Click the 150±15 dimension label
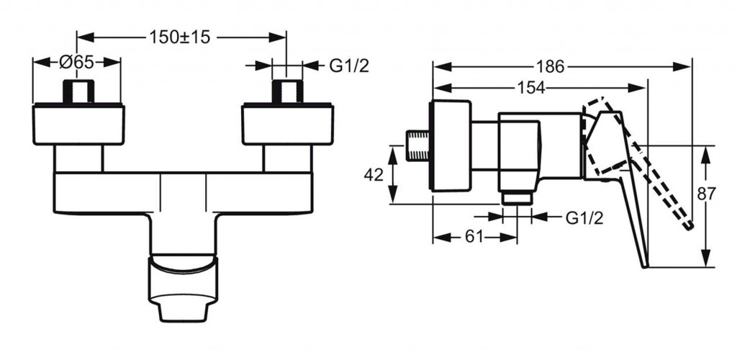(x=179, y=37)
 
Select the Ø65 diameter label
(x=77, y=63)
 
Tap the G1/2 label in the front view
(x=349, y=66)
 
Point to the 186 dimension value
(x=550, y=67)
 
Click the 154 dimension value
(x=531, y=87)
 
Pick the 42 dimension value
(x=374, y=175)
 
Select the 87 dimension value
(x=706, y=194)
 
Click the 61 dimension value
(x=475, y=237)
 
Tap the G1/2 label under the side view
(x=584, y=218)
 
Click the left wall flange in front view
(x=79, y=124)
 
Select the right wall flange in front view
(x=288, y=124)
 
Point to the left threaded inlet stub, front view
(x=79, y=91)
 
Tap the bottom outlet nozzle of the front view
(x=183, y=289)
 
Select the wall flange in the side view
(x=451, y=146)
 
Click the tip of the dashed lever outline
(x=690, y=227)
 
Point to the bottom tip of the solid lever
(x=646, y=266)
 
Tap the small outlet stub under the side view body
(x=517, y=198)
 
